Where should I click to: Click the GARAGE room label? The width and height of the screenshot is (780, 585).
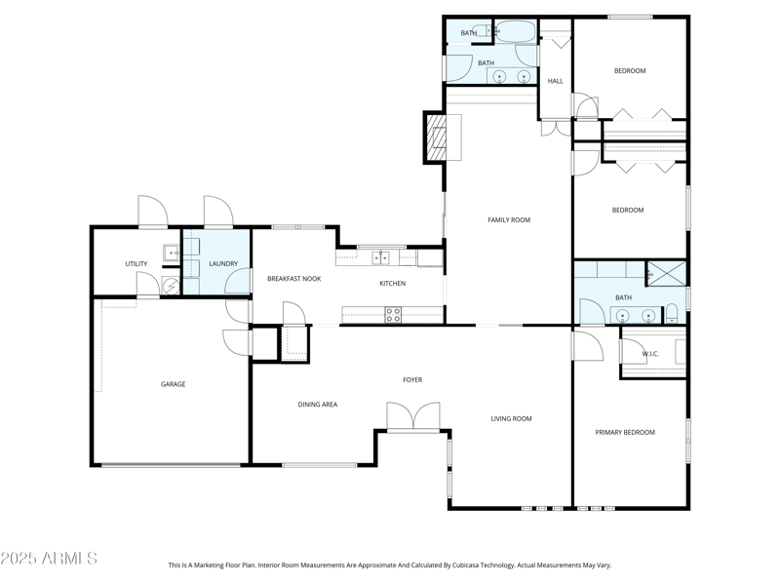pos(173,384)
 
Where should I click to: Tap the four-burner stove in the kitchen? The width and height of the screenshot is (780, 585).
pos(393,314)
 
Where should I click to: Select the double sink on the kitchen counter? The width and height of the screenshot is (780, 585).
pos(380,257)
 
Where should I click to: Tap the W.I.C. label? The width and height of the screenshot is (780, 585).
pos(650,354)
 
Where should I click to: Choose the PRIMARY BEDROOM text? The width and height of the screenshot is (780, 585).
pos(625,432)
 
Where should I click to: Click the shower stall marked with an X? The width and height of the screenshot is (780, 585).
pos(667,273)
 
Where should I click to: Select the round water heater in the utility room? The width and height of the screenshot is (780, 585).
pos(170,286)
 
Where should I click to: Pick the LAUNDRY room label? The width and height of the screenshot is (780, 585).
pos(223,263)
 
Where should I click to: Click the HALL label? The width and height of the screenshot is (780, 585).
pos(555,81)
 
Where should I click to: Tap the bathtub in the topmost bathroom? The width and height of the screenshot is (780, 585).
pos(515,31)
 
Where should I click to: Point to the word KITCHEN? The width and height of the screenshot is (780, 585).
pos(392,284)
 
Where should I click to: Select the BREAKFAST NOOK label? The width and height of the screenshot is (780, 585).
pos(293,279)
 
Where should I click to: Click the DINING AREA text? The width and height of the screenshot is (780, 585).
pos(317,404)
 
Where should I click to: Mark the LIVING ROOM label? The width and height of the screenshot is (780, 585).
pos(511,418)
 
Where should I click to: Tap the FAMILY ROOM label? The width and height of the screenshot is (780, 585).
pos(508,220)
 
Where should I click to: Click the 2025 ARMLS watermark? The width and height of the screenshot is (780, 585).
pos(49,559)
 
